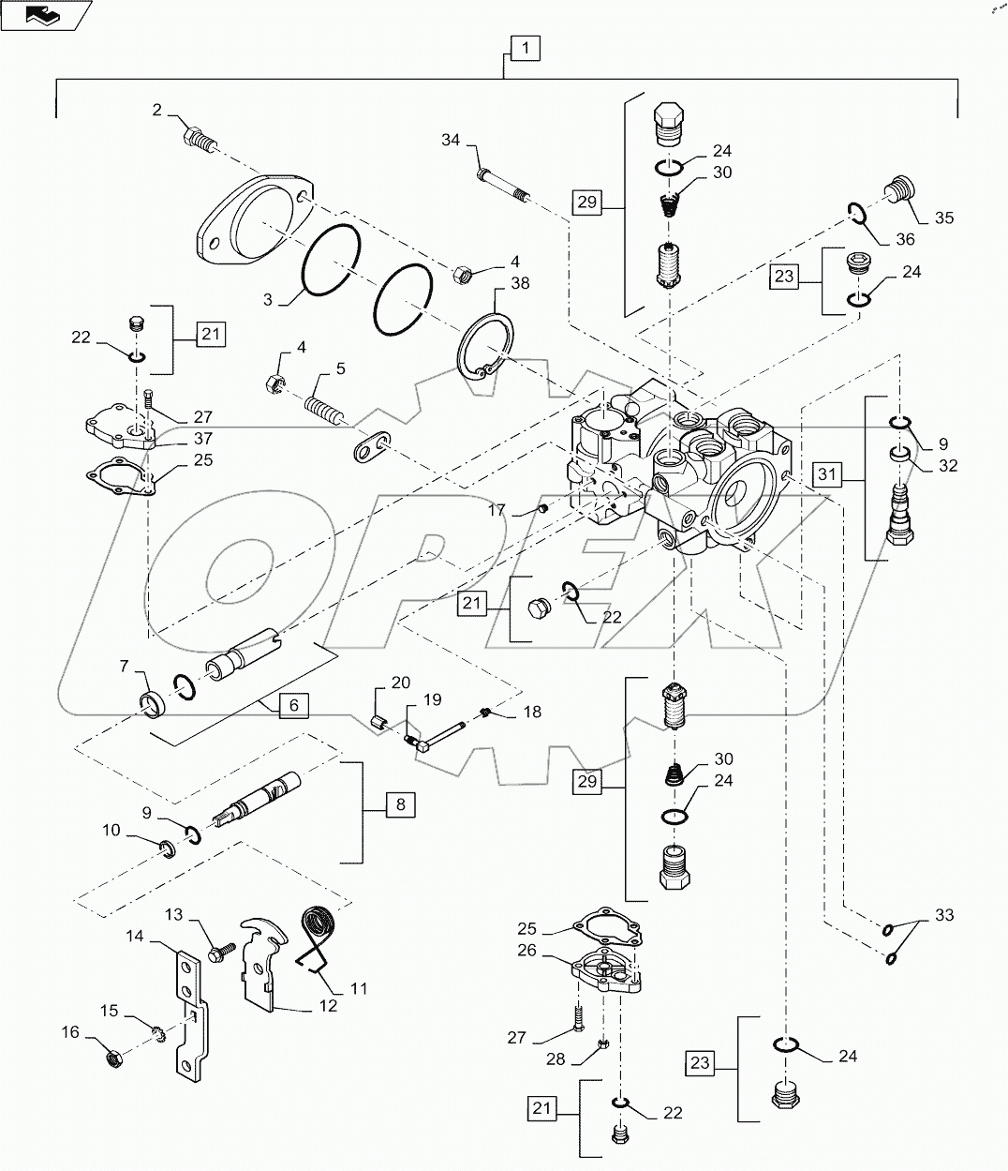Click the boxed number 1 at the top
[526, 48]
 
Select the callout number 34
[452, 141]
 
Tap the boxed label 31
[826, 475]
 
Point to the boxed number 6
[293, 705]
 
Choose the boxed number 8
[400, 803]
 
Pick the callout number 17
[497, 511]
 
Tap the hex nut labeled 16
[111, 1058]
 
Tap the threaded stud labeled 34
[504, 185]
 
